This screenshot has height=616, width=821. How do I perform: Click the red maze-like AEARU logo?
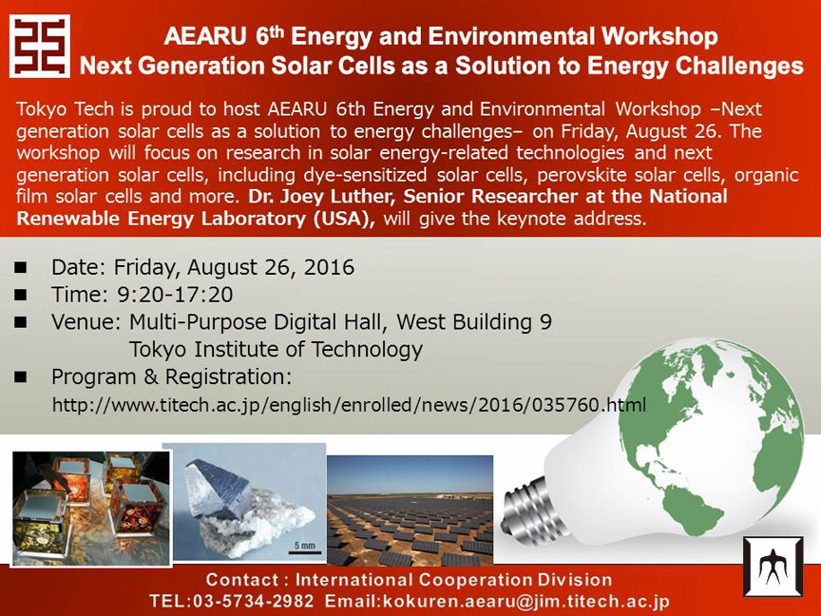coord(40,46)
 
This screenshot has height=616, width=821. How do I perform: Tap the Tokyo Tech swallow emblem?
coord(773,567)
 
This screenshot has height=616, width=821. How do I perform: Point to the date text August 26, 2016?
coord(271,268)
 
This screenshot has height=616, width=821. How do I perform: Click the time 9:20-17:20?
coord(175,295)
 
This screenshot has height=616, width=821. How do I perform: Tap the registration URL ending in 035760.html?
coord(350,405)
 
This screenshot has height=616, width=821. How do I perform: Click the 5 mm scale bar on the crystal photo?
coord(305,551)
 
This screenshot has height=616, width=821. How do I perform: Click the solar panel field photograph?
coord(410,510)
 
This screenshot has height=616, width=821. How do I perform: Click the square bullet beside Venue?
coord(20,322)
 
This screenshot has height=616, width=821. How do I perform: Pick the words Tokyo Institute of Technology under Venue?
coord(276,350)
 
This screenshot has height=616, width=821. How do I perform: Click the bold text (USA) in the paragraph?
coord(344,219)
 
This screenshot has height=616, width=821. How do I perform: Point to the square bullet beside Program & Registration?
coord(20,377)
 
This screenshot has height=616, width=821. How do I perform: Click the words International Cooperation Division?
coord(453,580)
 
